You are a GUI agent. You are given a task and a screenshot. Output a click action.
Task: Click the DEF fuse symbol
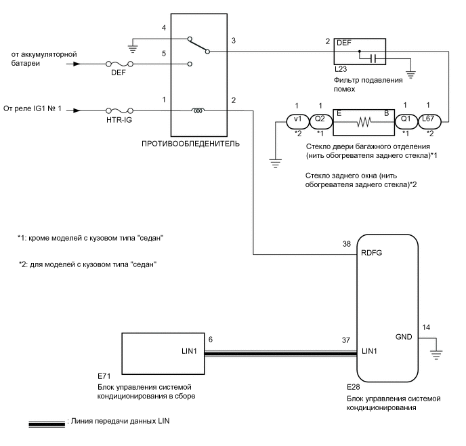click(x=119, y=64)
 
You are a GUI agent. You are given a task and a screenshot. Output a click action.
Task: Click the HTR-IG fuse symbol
click(x=119, y=110)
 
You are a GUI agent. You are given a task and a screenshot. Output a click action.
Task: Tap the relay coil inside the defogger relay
click(x=198, y=110)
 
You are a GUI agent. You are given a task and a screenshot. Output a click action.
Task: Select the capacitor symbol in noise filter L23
click(x=374, y=59)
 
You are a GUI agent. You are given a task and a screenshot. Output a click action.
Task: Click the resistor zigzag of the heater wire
click(x=364, y=121)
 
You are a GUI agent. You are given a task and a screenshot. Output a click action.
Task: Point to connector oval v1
click(x=298, y=122)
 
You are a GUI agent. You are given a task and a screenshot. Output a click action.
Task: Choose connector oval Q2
click(x=321, y=122)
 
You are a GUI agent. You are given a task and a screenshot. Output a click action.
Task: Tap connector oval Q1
click(x=406, y=122)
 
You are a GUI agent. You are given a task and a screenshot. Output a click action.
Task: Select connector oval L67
click(x=429, y=122)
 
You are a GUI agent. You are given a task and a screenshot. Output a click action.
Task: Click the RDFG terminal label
click(x=371, y=253)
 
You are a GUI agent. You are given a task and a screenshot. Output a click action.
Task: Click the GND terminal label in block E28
click(x=404, y=337)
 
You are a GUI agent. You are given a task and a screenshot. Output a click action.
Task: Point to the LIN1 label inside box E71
click(x=190, y=351)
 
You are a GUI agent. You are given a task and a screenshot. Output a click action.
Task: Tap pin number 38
click(x=347, y=244)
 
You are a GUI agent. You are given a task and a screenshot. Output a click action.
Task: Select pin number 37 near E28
click(x=346, y=340)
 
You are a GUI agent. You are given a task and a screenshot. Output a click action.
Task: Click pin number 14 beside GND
click(x=426, y=327)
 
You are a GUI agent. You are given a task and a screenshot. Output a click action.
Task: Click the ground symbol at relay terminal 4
click(x=133, y=49)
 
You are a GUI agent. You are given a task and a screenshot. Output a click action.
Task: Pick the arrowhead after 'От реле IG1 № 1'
click(x=77, y=110)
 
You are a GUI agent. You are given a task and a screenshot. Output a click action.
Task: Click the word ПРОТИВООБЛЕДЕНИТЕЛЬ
click(x=190, y=144)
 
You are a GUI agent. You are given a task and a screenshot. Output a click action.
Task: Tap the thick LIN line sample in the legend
click(x=47, y=424)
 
